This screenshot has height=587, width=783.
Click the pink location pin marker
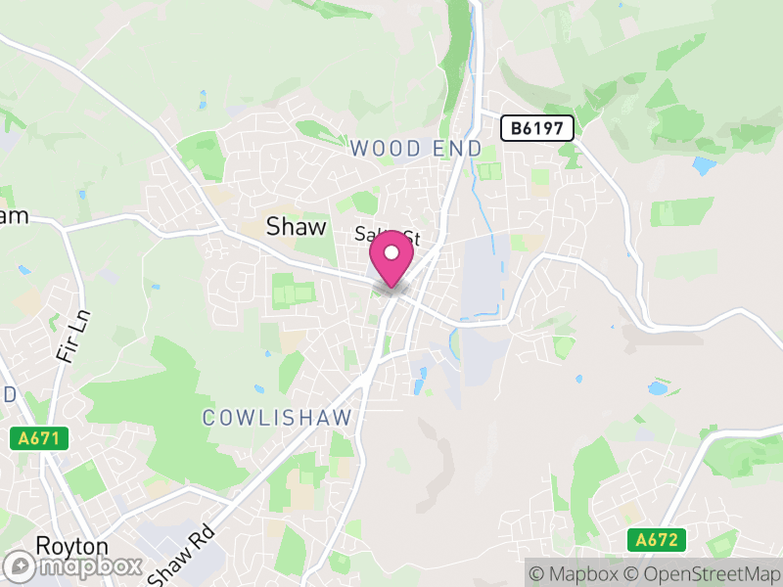coord(391,258)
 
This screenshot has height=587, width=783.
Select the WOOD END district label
coord(416,149)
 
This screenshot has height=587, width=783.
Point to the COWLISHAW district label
coord(277,418)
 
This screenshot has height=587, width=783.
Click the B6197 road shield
coord(537,127)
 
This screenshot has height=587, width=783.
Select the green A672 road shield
coord(657,540)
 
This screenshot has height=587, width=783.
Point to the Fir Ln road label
coord(67,338)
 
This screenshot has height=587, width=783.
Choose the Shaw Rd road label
coord(180,552)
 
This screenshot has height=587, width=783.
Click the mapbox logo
coord(74,565)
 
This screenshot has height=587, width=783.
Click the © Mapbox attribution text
coord(575,572)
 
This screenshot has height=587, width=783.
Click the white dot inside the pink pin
coord(391,253)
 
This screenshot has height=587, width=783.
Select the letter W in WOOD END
coord(358,149)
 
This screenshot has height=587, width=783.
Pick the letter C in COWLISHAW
coord(209,418)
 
